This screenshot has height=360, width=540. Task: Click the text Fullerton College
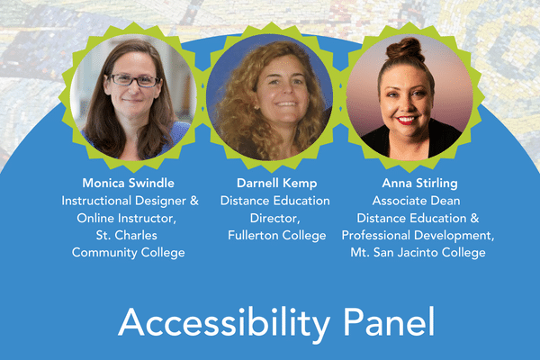coord(274,235)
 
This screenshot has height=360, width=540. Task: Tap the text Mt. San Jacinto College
coord(418,252)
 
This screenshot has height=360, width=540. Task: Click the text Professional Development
coord(413,235)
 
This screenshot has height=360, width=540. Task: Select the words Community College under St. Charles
coord(129,252)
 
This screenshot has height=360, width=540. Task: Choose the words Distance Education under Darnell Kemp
coord(274,201)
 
